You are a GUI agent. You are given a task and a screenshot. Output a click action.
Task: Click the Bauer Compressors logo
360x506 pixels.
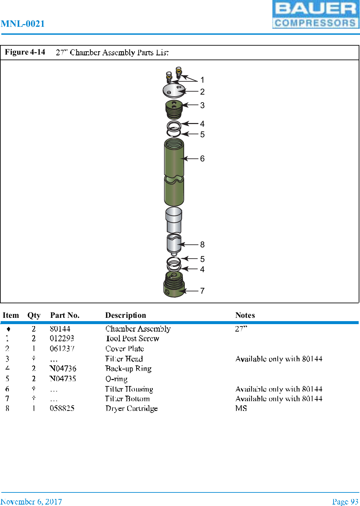(x=316, y=15)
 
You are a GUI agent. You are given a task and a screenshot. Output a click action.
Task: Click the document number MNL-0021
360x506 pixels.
(x=23, y=24)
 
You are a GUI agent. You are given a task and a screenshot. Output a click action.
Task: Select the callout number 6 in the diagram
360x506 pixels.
(x=202, y=159)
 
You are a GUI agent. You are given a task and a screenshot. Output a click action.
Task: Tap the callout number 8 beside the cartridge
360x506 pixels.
(x=202, y=245)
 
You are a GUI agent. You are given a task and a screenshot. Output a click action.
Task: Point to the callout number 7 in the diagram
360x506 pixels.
(x=202, y=291)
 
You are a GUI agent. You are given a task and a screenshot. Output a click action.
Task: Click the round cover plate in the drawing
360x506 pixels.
(x=174, y=90)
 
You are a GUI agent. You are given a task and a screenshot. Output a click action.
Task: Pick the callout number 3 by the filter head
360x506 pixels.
(x=202, y=105)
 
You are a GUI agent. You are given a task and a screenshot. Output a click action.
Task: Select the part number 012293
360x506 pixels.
(x=62, y=338)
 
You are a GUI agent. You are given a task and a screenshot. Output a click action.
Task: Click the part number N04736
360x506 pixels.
(x=63, y=368)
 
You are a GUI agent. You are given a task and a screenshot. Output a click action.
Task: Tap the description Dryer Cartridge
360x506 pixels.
(x=132, y=408)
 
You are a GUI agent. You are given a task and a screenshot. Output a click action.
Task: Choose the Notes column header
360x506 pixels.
(x=245, y=315)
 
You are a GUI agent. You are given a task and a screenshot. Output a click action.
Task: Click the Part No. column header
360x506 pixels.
(x=65, y=315)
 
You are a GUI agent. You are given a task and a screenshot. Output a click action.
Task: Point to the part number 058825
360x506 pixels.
(x=62, y=408)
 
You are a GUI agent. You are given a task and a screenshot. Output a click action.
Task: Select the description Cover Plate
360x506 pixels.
(x=125, y=349)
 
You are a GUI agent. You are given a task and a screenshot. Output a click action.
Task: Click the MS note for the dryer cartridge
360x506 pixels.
(x=241, y=408)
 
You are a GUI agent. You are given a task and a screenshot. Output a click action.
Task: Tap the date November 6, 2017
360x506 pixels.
(x=31, y=502)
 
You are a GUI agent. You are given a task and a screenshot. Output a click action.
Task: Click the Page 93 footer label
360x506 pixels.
(x=345, y=502)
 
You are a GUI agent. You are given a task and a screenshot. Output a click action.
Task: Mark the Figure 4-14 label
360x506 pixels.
(x=25, y=52)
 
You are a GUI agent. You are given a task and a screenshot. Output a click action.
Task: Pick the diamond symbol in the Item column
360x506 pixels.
(x=9, y=329)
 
